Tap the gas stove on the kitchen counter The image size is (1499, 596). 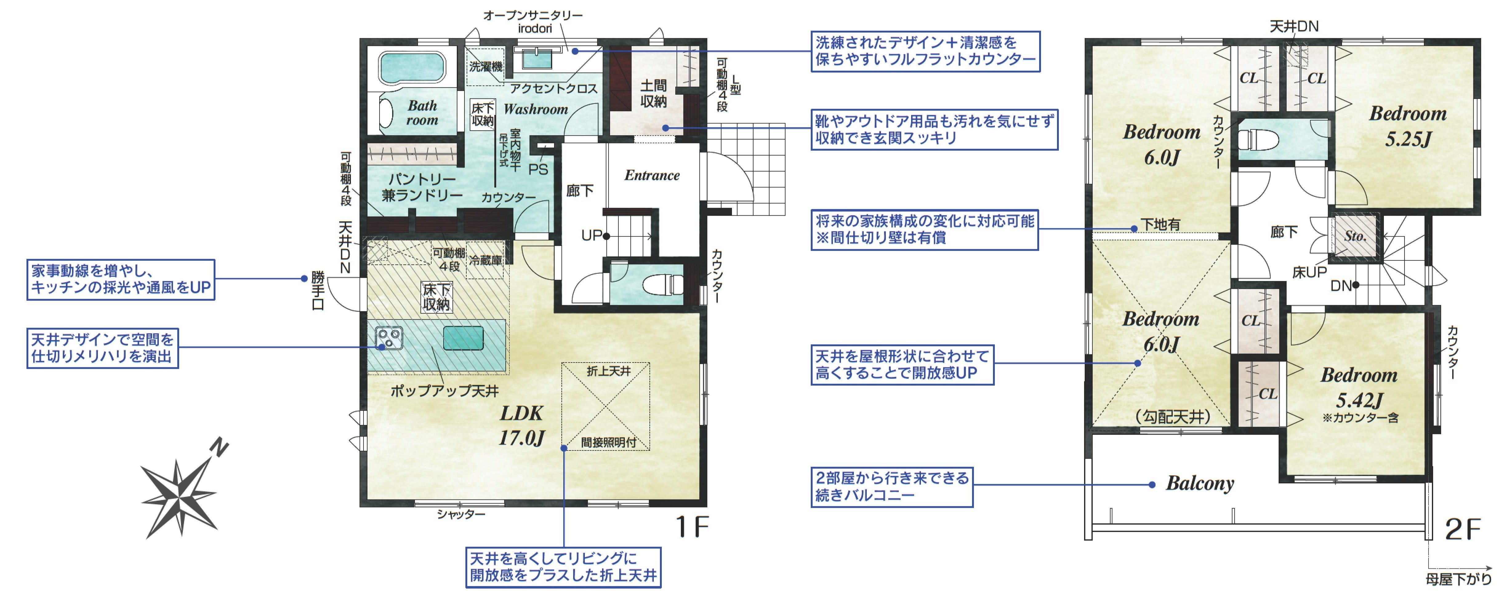[x=389, y=338]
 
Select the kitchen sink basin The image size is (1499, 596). [x=463, y=338]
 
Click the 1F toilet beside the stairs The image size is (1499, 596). [x=662, y=285]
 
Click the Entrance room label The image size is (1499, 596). [x=652, y=175]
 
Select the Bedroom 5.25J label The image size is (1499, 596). [x=1408, y=125]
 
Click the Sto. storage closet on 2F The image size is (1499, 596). [x=1356, y=236]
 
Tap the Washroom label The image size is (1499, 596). [x=535, y=109]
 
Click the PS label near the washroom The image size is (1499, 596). [x=538, y=169]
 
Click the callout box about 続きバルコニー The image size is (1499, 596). [x=891, y=487]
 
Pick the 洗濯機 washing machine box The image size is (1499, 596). [x=485, y=67]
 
